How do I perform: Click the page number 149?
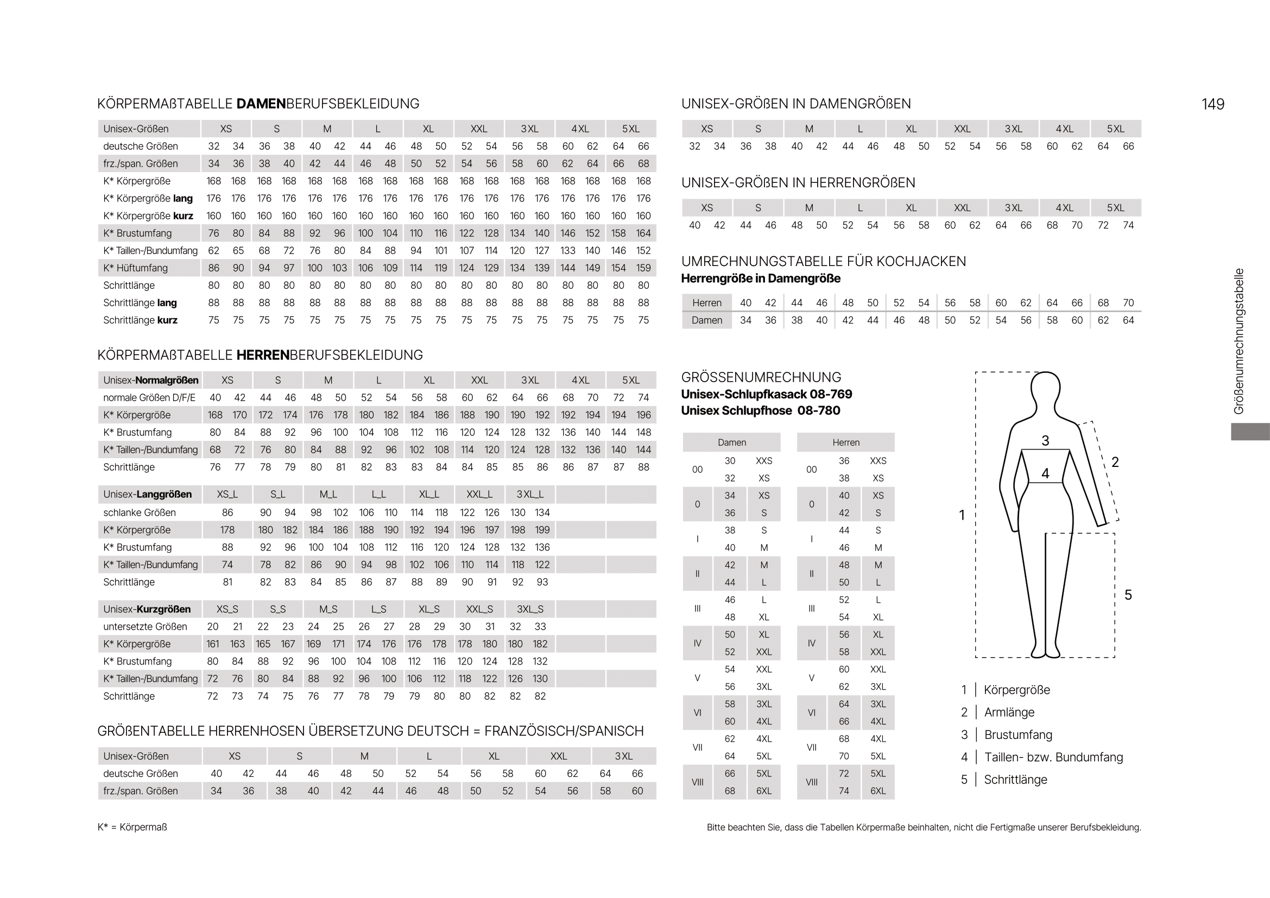(1212, 104)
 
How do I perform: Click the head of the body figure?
(1045, 387)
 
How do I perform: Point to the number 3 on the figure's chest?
(1045, 441)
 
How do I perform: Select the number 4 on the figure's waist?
(1045, 473)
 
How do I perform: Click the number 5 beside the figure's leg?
(1128, 595)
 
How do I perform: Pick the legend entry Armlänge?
(1009, 712)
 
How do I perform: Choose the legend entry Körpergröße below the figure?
(1016, 690)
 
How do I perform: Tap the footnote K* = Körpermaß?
(132, 827)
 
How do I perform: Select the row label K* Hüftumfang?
(135, 268)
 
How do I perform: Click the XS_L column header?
(228, 495)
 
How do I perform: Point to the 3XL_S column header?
(530, 609)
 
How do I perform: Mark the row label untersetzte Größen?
(145, 627)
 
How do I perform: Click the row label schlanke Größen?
(140, 513)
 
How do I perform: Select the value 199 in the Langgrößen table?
(542, 530)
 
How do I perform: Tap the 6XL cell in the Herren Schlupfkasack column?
(878, 791)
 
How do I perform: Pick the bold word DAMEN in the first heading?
(261, 104)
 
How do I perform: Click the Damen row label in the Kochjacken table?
(706, 320)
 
